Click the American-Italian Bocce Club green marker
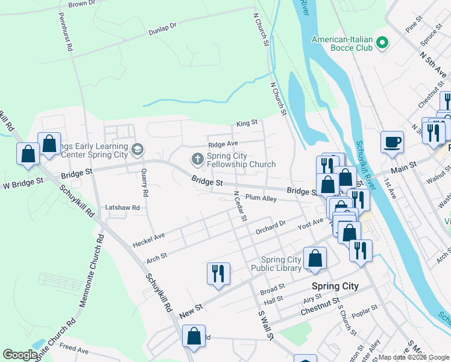point(381,43)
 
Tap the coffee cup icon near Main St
point(392,142)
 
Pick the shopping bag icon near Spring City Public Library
point(315,258)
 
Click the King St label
point(247,123)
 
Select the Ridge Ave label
point(223,144)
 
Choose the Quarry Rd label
point(143,183)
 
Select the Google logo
point(20,355)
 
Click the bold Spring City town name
point(334,286)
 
